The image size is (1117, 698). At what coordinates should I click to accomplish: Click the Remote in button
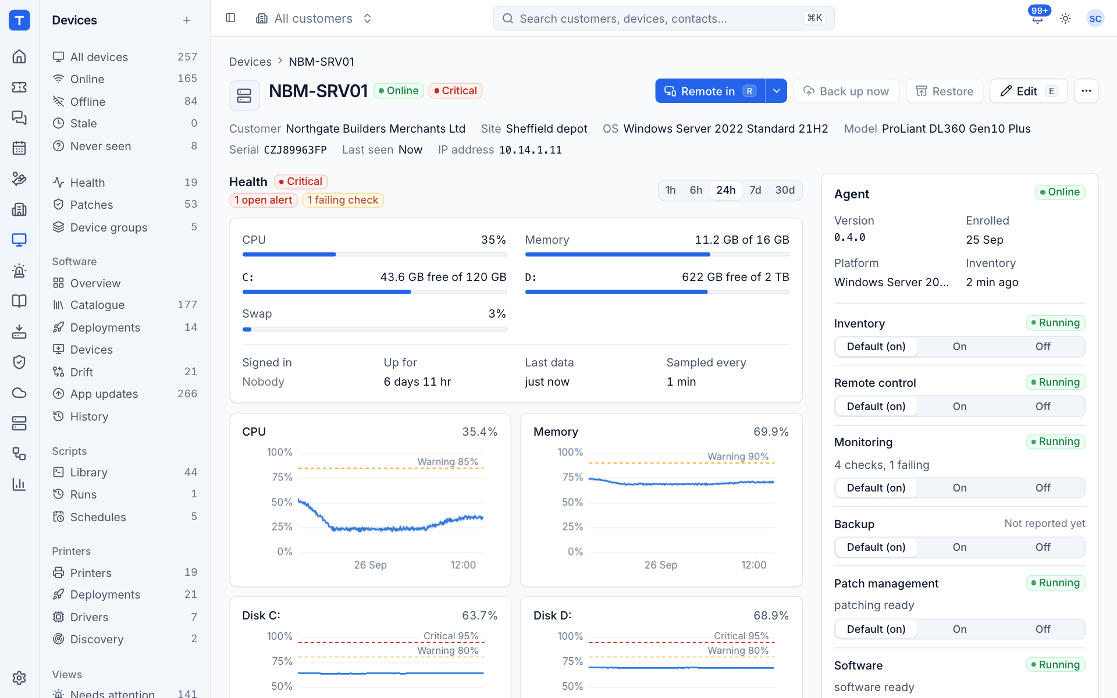pos(710,91)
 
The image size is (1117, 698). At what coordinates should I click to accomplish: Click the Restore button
pos(944,91)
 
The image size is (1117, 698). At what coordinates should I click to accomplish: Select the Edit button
pos(1028,91)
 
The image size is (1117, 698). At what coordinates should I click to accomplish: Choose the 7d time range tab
pos(755,190)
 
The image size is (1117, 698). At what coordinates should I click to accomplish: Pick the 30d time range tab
pos(785,190)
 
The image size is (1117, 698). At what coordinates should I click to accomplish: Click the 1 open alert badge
pos(264,200)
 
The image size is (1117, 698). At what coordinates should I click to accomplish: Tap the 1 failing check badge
pos(343,200)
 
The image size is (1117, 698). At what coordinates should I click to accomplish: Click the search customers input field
pos(664,19)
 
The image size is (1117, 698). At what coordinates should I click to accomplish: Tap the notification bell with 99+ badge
pos(1037,18)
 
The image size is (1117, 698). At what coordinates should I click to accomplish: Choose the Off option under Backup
pos(1043,547)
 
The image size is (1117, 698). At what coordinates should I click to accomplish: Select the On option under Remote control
pos(959,407)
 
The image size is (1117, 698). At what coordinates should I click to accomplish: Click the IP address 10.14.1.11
pos(530,150)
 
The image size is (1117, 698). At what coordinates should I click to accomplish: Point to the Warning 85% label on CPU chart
pos(447,462)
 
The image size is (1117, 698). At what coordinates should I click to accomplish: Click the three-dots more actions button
pos(1086,91)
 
